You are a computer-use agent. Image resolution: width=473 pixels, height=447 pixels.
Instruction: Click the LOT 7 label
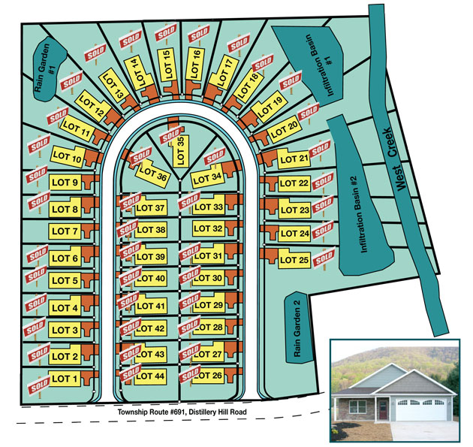click(65, 231)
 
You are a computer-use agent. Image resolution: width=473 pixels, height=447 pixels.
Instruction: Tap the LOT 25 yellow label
click(294, 260)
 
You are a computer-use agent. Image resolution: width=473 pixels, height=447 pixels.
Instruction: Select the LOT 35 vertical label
click(180, 150)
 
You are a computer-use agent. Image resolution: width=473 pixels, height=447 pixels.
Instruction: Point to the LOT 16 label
click(195, 64)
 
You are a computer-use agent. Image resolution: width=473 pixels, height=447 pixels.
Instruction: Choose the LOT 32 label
click(209, 228)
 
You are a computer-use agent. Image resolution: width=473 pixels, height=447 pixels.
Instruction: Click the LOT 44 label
click(150, 376)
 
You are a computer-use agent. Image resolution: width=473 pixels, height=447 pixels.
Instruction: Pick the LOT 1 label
click(65, 379)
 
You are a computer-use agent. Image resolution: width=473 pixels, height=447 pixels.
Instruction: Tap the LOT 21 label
click(294, 159)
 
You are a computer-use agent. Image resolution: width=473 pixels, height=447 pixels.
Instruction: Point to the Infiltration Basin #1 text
click(321, 65)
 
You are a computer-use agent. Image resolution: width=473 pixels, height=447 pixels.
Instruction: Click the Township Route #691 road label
click(182, 412)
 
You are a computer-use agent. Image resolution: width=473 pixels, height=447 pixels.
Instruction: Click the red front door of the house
click(383, 409)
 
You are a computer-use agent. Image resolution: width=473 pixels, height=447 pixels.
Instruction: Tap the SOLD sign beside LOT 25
click(324, 258)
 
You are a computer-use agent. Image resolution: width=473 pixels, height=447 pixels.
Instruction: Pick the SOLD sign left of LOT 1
click(39, 386)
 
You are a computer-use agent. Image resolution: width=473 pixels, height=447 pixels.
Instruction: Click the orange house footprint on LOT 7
click(89, 231)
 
